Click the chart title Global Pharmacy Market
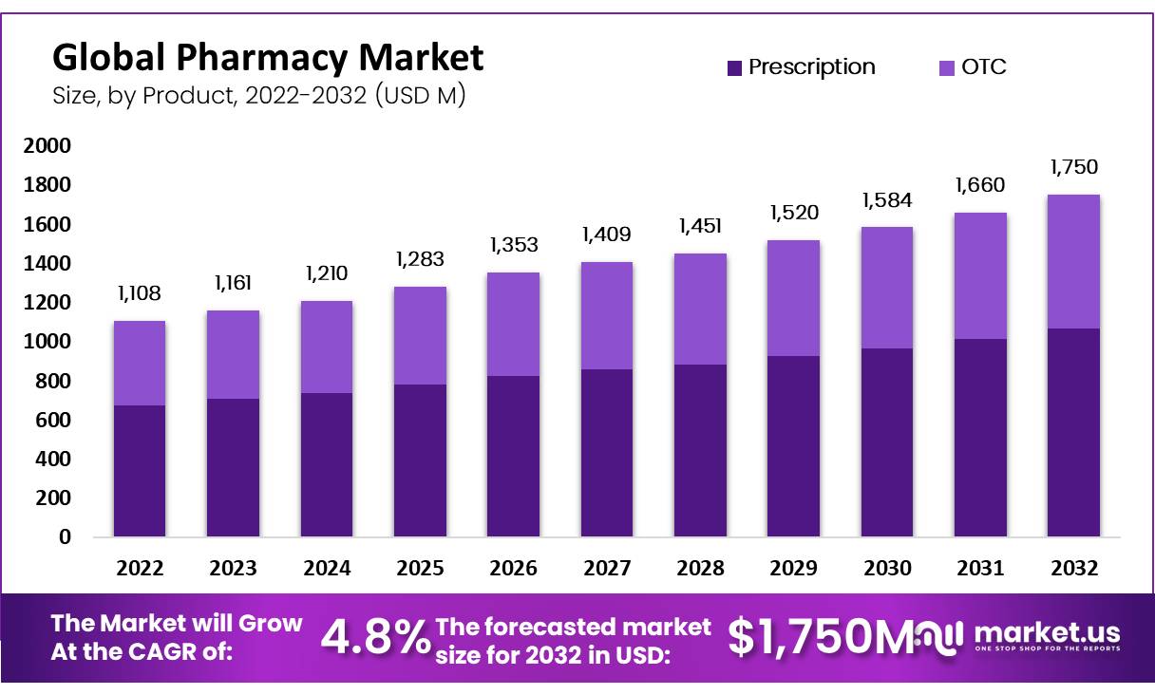point(268,58)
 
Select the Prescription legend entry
point(801,67)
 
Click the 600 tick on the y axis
point(52,420)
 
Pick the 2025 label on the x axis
point(420,569)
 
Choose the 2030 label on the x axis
point(887,569)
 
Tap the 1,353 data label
point(514,245)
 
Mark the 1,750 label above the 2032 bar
point(1074,167)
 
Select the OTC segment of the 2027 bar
point(607,315)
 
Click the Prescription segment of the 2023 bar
point(233,467)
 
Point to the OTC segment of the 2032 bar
point(1074,261)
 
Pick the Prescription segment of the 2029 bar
point(794,446)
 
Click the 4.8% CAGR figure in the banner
point(375,638)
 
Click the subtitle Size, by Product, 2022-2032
point(258,96)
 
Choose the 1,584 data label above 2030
point(887,201)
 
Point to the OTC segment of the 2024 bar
point(327,347)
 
